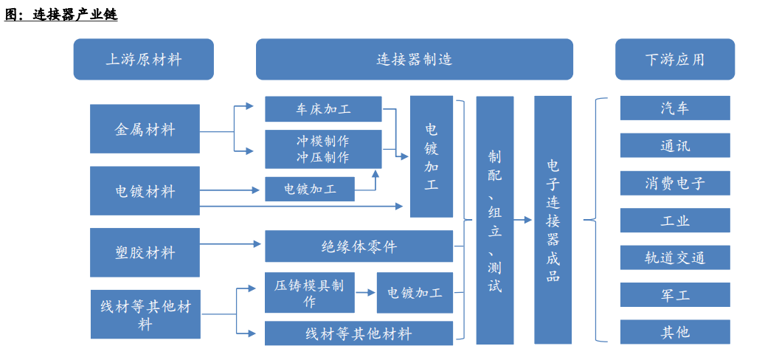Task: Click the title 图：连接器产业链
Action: click(x=61, y=14)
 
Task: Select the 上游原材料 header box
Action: click(x=143, y=60)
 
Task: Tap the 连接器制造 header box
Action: click(x=414, y=60)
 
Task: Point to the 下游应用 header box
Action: click(x=674, y=60)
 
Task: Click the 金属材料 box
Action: click(x=145, y=129)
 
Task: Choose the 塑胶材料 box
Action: click(x=145, y=252)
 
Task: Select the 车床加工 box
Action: click(x=323, y=109)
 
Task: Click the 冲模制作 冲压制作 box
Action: click(x=323, y=148)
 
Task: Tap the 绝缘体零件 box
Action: click(x=359, y=246)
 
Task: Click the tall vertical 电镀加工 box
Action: click(x=431, y=156)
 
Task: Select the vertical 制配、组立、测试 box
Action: click(x=494, y=220)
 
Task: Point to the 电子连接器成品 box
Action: click(x=553, y=220)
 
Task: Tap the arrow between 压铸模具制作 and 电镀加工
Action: click(x=364, y=292)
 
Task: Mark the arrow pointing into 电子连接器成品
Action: click(x=522, y=220)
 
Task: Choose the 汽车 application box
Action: click(x=674, y=108)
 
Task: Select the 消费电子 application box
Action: click(x=674, y=183)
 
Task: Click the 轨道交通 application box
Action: click(x=674, y=257)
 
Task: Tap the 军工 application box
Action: click(x=674, y=294)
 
